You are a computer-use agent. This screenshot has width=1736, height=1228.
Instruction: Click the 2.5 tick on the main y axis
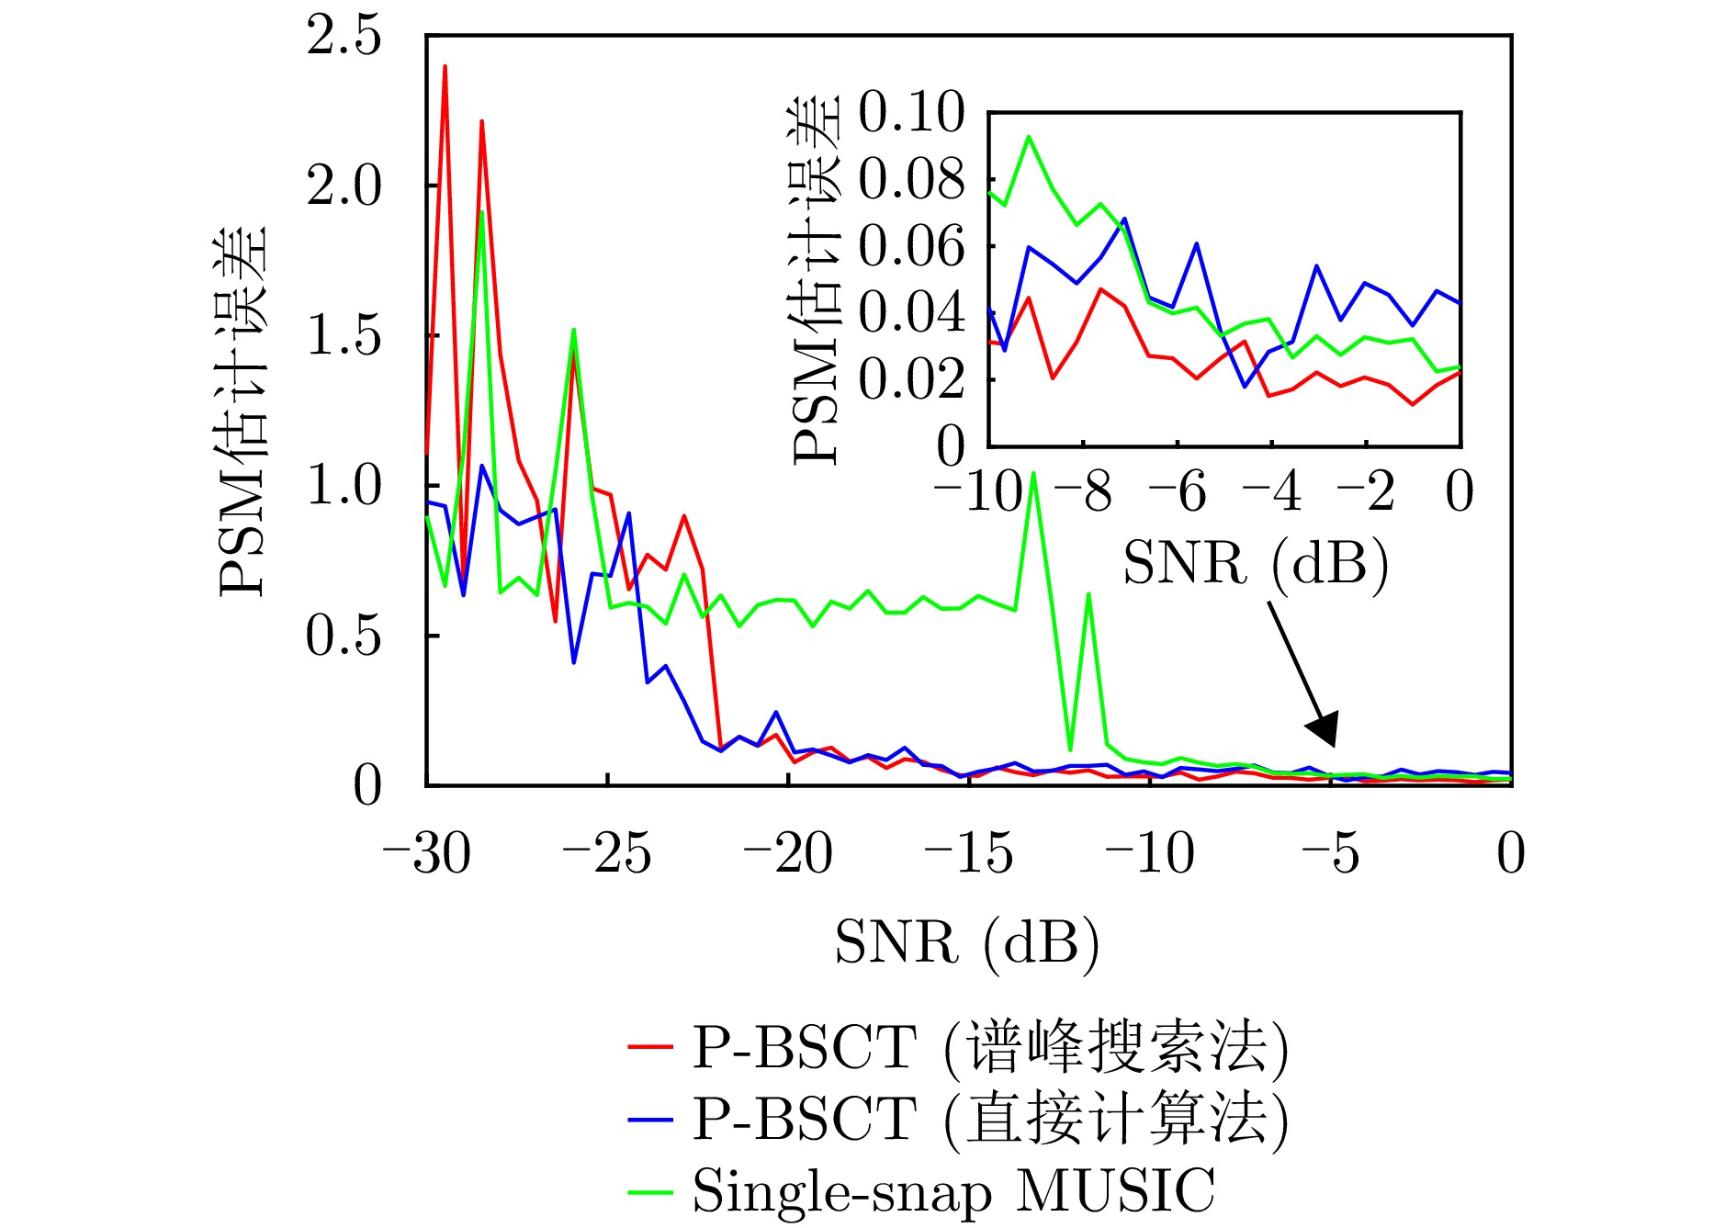click(344, 37)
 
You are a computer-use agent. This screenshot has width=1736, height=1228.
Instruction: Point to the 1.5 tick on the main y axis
click(344, 336)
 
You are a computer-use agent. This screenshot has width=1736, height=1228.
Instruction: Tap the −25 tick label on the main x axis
click(606, 853)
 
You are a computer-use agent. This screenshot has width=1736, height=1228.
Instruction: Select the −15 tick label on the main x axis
click(968, 853)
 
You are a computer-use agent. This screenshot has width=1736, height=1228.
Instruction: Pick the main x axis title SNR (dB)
click(966, 943)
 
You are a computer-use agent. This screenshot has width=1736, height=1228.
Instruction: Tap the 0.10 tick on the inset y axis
click(911, 113)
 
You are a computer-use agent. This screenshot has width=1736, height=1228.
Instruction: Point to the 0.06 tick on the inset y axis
click(911, 246)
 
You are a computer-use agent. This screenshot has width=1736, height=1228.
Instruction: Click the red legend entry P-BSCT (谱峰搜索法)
click(959, 1047)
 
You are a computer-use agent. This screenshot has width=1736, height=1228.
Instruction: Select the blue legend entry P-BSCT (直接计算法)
click(959, 1119)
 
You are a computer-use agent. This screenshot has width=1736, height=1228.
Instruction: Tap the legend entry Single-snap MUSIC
click(922, 1191)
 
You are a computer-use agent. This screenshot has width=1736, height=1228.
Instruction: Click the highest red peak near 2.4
click(445, 66)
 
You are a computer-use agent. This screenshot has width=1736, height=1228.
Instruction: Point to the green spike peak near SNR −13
click(1034, 474)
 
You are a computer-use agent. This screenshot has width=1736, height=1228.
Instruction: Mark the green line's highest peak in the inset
click(1029, 137)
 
